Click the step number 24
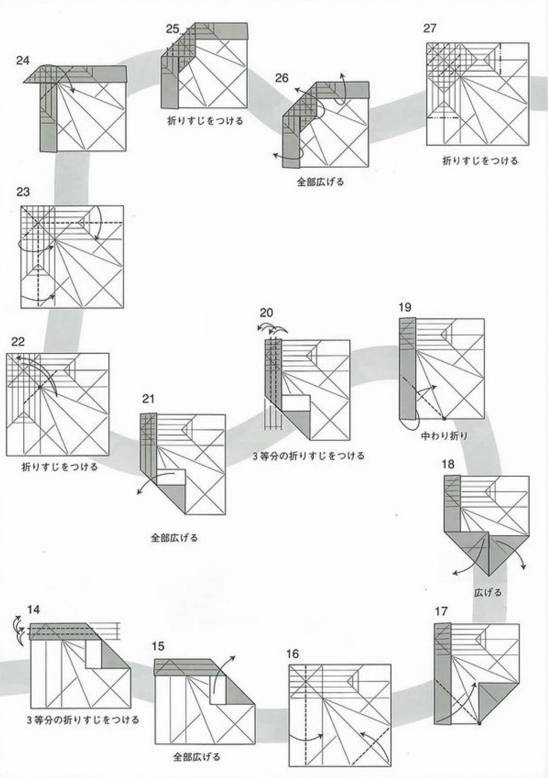click(x=23, y=61)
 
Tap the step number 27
click(x=429, y=28)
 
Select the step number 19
click(x=404, y=307)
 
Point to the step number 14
click(x=34, y=610)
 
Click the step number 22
click(x=18, y=341)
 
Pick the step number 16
click(x=292, y=654)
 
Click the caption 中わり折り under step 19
click(x=445, y=436)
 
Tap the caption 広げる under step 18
click(x=488, y=593)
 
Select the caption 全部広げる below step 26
click(x=321, y=182)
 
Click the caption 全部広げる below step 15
click(x=197, y=757)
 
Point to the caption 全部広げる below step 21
click(x=174, y=538)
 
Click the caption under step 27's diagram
click(x=480, y=160)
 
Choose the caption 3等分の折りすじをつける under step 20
click(x=308, y=456)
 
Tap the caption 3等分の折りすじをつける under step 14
click(x=83, y=720)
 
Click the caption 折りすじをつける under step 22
click(x=60, y=467)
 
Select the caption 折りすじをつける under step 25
click(x=205, y=121)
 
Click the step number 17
click(x=441, y=611)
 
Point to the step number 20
click(x=266, y=313)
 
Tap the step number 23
click(x=23, y=192)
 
